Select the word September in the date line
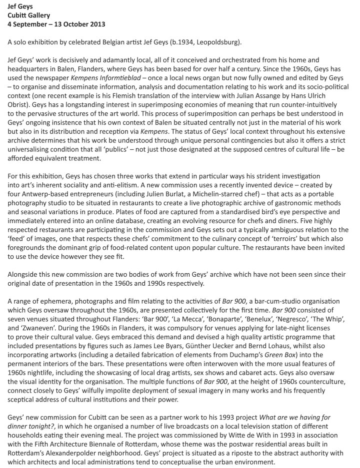pos(32,24)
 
